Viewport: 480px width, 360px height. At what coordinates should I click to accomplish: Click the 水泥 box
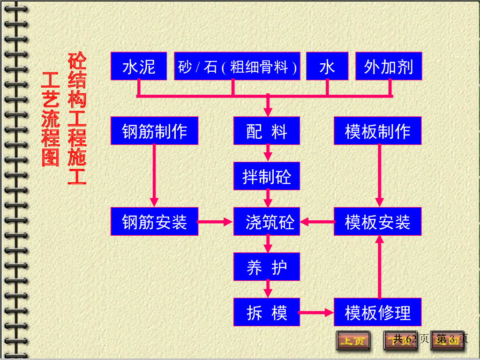coord(139,66)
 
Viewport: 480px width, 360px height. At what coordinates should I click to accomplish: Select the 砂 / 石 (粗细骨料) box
coord(237,66)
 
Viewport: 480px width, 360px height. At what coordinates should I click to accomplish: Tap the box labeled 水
coord(327,66)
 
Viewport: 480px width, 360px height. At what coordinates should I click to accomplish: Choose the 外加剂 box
coord(389,66)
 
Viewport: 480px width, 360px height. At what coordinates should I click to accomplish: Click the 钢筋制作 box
coord(154,131)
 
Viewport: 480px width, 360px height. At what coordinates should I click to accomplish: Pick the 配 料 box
coord(267,131)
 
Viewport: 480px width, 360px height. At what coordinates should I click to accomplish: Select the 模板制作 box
coord(377,131)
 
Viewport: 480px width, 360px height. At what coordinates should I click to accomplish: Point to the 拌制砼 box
coord(267,176)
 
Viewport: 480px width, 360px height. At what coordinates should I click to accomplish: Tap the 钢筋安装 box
coord(154,221)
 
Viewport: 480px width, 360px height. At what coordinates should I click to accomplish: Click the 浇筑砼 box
coord(267,221)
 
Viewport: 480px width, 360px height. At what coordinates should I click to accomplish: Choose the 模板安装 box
coord(377,221)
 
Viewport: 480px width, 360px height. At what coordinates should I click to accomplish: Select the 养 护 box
coord(267,267)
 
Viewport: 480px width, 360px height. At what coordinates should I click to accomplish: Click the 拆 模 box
coord(267,312)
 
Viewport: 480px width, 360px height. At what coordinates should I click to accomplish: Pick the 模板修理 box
coord(377,312)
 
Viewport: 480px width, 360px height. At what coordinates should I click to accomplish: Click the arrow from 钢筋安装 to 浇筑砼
coord(216,221)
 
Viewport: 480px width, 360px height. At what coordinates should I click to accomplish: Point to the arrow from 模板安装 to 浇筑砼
coord(317,221)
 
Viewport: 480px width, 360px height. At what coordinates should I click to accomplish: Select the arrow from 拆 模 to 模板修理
coord(316,312)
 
